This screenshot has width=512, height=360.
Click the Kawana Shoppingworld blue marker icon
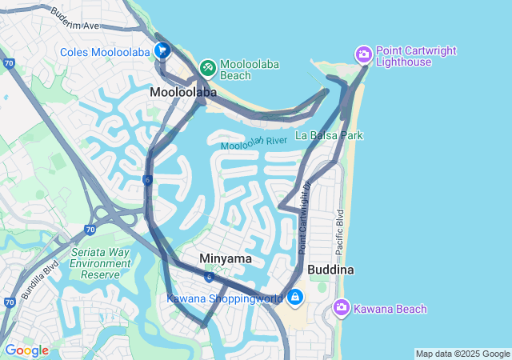(295, 298)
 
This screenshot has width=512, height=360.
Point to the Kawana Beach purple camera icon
(342, 307)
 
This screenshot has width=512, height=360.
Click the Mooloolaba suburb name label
(183, 93)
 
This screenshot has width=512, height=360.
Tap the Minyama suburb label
(226, 259)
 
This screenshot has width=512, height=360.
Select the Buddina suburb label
(330, 270)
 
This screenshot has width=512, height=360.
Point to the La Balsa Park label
(329, 135)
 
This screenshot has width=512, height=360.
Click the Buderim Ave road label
(74, 19)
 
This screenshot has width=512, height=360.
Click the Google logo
(26, 350)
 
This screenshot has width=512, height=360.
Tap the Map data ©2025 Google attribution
(462, 354)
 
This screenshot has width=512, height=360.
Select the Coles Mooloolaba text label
(106, 52)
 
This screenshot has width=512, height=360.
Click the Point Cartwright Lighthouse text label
(416, 56)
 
